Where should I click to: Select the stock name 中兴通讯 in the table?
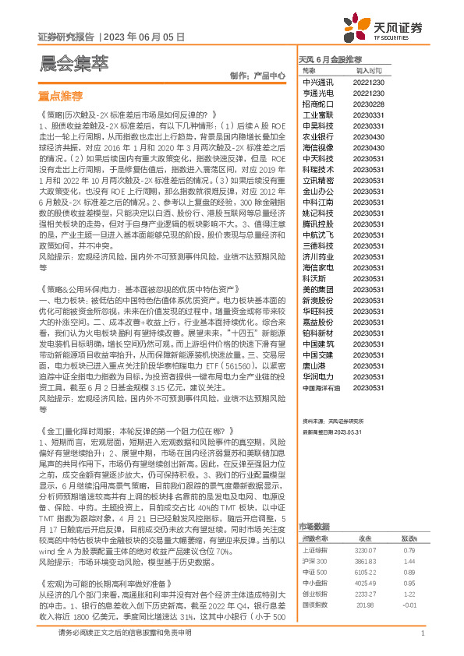[318, 82]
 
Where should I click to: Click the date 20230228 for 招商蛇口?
[368, 104]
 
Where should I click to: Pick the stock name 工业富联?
[318, 115]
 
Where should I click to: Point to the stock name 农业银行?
[318, 136]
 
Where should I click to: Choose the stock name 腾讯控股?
[318, 223]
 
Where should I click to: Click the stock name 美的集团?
[318, 288]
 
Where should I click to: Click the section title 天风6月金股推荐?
[330, 59]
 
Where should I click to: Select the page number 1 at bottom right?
[422, 633]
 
